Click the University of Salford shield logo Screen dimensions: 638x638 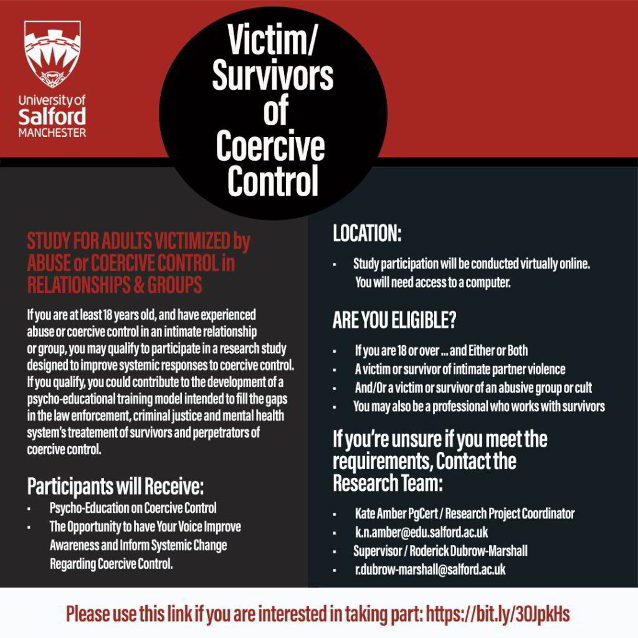pos(52,54)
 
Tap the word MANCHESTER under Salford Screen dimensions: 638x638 pos(52,133)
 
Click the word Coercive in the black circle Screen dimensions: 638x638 pos(270,146)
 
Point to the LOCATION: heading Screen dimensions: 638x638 pos(367,234)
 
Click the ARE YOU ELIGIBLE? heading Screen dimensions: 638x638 pos(394,320)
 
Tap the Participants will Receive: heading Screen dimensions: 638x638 pos(115,485)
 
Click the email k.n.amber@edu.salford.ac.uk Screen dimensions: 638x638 pos(421,533)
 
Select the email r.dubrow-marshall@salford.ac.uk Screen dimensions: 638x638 pos(430,569)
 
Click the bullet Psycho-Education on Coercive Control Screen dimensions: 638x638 pos(133,508)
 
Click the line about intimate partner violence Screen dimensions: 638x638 pos(460,369)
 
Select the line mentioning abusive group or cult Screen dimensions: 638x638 pos(473,388)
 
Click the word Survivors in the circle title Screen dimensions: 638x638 pos(272,76)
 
